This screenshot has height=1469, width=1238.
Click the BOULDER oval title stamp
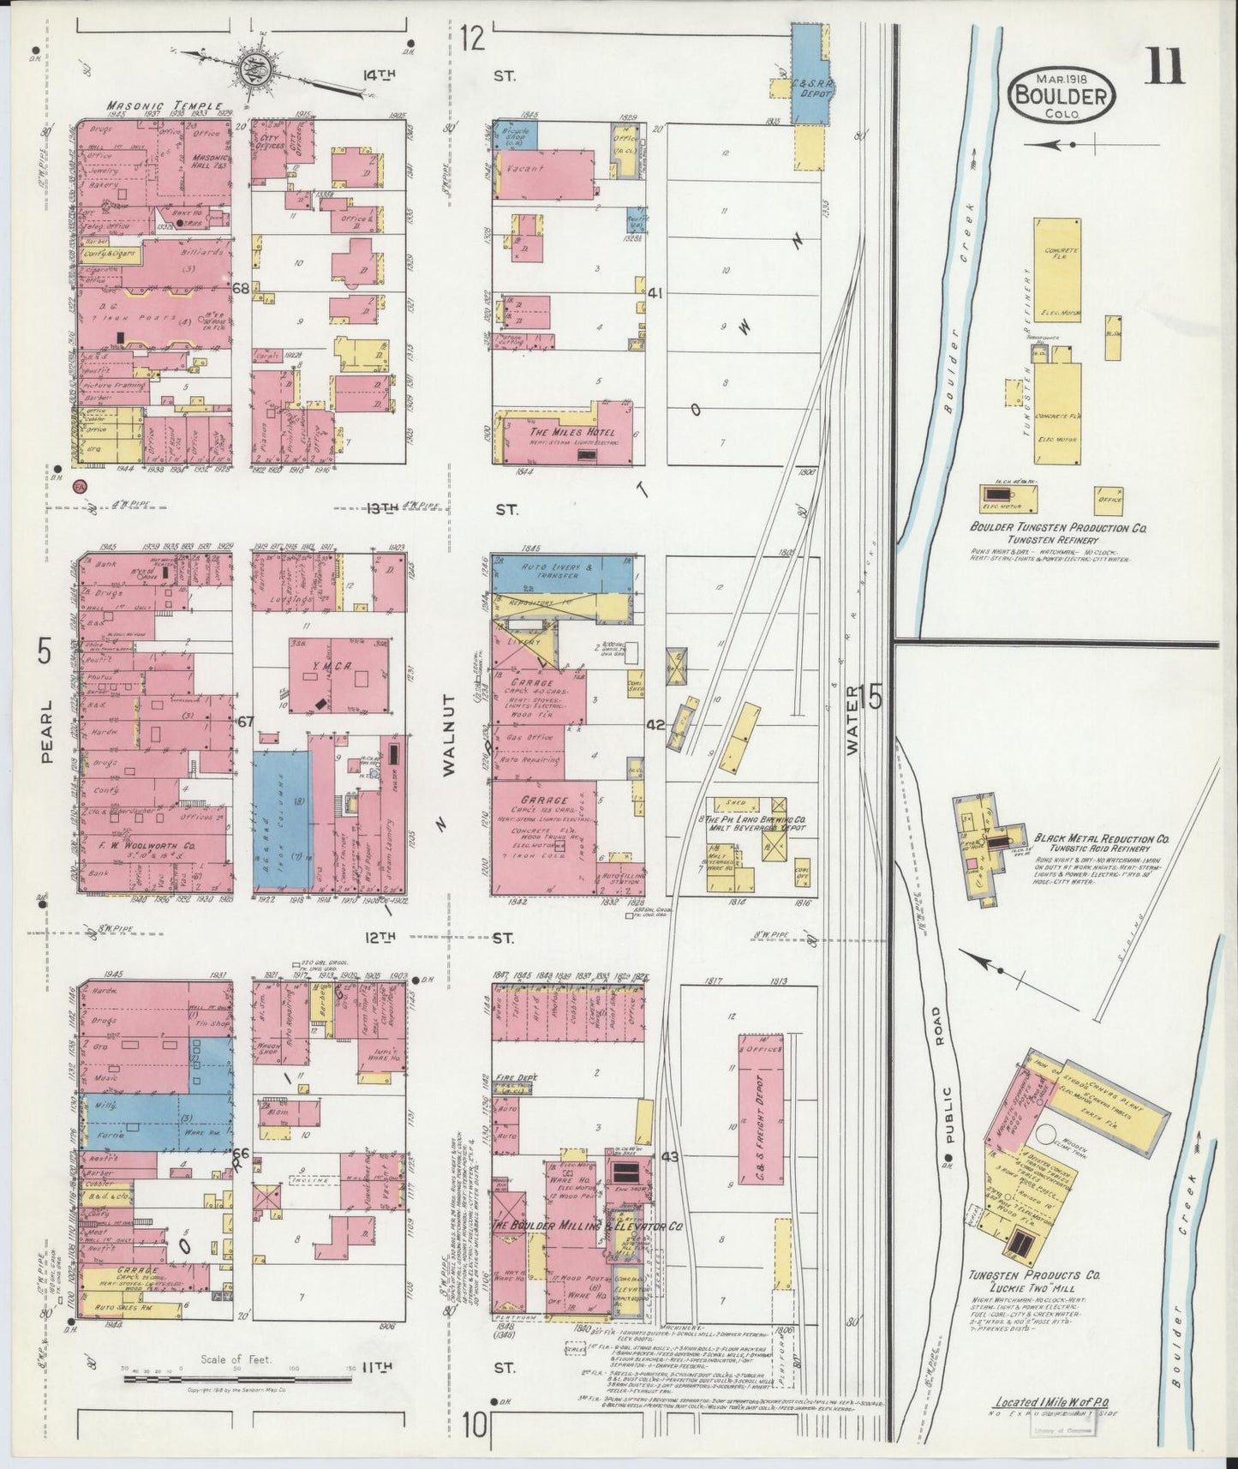[x=1062, y=93]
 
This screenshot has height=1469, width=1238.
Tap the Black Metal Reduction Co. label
[x=1102, y=839]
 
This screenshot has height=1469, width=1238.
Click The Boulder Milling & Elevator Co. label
[x=587, y=1226]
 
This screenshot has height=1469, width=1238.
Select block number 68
[x=241, y=289]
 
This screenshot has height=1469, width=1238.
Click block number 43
[x=670, y=1157]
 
